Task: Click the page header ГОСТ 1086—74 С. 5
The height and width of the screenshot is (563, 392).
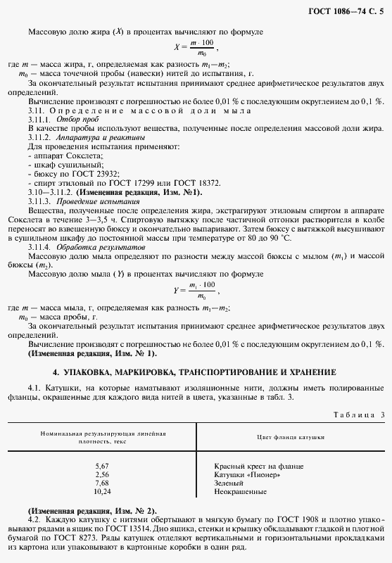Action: click(345, 8)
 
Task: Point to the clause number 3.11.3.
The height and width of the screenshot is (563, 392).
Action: click(40, 201)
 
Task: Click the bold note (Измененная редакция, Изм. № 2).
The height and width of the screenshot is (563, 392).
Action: click(92, 510)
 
